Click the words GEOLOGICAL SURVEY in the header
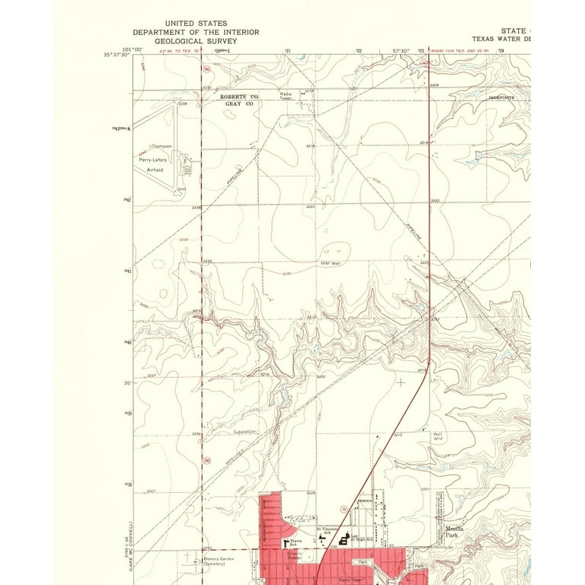[196, 41]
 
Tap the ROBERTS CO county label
[239, 97]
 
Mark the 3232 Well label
[328, 263]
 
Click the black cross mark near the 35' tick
[401, 382]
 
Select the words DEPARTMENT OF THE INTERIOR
[196, 32]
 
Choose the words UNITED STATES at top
[196, 24]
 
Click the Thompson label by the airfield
[161, 145]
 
